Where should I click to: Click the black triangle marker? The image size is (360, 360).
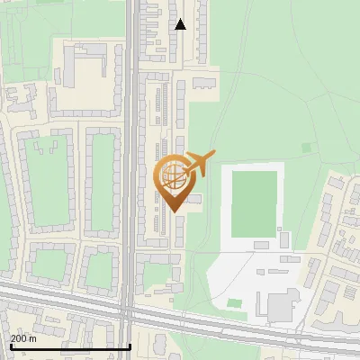pos(181,24)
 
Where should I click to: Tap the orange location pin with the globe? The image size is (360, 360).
pos(175,182)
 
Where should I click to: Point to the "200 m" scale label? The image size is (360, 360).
pos(23,338)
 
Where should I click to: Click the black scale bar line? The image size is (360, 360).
pos(69,346)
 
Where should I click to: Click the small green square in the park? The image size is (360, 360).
pos(306,148)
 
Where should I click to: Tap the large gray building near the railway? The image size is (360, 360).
pos(281,307)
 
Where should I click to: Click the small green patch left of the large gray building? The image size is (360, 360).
pos(235,303)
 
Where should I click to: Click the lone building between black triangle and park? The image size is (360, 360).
pos(204,83)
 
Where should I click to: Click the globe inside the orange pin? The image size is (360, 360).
pos(175,175)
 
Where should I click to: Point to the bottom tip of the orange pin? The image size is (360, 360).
pos(175,211)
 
